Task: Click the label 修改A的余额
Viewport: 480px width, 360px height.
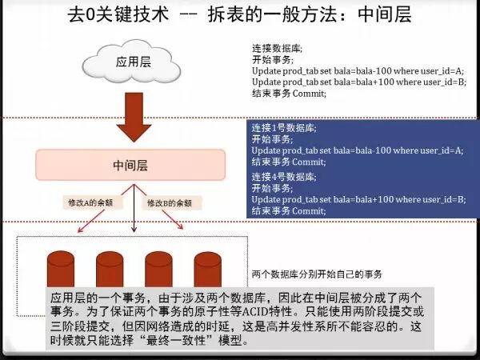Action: (90, 204)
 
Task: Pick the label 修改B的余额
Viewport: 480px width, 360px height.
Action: (170, 204)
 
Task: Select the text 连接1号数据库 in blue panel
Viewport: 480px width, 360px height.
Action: (284, 128)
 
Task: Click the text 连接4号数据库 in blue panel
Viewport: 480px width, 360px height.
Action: (284, 176)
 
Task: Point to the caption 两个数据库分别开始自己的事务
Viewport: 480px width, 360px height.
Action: (317, 274)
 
